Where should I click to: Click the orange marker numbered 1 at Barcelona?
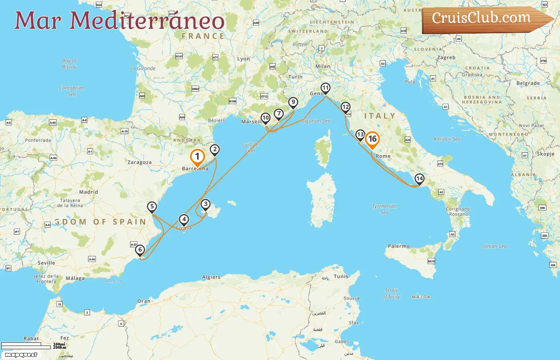pos(197,157)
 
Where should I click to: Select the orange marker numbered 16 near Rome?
pos(372,139)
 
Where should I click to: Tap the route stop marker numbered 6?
pos(140,250)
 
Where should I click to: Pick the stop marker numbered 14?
pos(419,178)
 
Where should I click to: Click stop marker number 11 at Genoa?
pos(326,88)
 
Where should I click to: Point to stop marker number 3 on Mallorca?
pos(206,204)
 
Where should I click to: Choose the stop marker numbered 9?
pos(293,102)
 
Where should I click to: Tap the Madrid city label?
pos(88,192)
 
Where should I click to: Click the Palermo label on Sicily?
pos(399,246)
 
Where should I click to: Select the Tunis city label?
pos(341,276)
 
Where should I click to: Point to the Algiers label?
pos(211,277)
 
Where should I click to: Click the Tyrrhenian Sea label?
pos(384,209)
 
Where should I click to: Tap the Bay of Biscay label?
pos(69,64)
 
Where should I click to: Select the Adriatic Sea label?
pos(447,139)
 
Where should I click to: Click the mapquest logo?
pos(21,355)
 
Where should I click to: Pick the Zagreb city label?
pos(446,58)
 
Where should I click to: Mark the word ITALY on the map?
pos(380,116)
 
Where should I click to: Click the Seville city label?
pos(46,263)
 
